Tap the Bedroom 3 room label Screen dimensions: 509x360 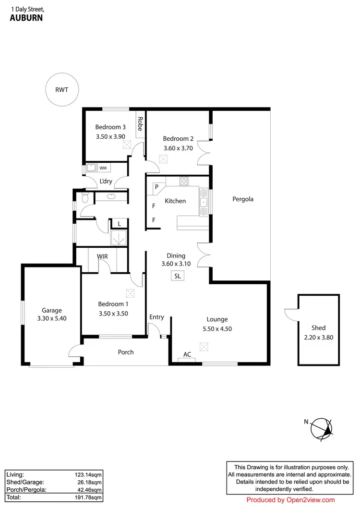(110, 127)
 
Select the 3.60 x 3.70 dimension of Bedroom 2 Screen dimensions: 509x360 (178, 148)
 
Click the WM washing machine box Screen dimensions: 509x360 (103, 168)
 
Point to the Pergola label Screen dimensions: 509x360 (242, 199)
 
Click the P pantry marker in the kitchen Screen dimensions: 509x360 (156, 187)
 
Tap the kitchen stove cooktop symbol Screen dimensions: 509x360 (184, 181)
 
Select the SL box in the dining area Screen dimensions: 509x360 (178, 276)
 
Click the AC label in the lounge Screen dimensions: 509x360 (187, 355)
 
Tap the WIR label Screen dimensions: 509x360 (102, 256)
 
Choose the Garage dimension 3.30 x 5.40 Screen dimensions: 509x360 (52, 318)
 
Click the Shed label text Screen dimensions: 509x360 (318, 328)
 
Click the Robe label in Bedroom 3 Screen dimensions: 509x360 (140, 124)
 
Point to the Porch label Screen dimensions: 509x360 (126, 352)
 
